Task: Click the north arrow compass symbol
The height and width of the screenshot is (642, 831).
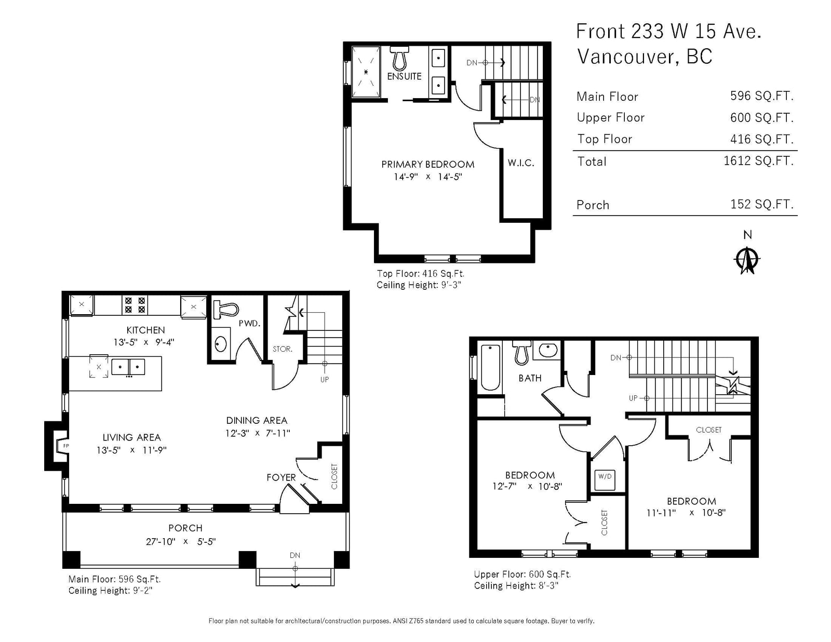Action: coord(747,260)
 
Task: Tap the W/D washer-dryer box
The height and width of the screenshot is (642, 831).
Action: coord(605,480)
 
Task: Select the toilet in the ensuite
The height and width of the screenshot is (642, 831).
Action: coord(399,58)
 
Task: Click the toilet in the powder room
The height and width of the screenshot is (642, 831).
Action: coord(225,310)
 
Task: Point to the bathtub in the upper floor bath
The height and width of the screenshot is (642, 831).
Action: coord(490,367)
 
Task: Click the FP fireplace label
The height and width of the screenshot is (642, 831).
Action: coord(66,446)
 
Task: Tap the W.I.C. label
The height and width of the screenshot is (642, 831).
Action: coord(520,163)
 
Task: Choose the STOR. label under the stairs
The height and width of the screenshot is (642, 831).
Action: coord(282,349)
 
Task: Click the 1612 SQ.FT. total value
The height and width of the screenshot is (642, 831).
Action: coord(758,160)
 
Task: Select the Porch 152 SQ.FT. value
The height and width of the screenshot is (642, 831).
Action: coord(762,204)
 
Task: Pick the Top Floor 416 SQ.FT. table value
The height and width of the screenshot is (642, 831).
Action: coord(762,139)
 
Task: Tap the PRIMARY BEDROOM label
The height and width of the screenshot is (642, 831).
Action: coord(427,165)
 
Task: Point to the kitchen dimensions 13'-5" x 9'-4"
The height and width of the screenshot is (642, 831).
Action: coord(144,342)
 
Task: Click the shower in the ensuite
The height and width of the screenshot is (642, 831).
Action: coord(366,72)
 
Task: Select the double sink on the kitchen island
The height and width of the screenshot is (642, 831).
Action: coord(128,367)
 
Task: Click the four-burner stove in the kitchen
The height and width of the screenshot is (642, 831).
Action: coord(135,305)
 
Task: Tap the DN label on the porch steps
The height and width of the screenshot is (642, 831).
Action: coord(295,555)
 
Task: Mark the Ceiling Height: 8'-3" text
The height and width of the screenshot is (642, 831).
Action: coord(516,585)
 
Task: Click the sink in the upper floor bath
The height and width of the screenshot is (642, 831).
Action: coord(548,349)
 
